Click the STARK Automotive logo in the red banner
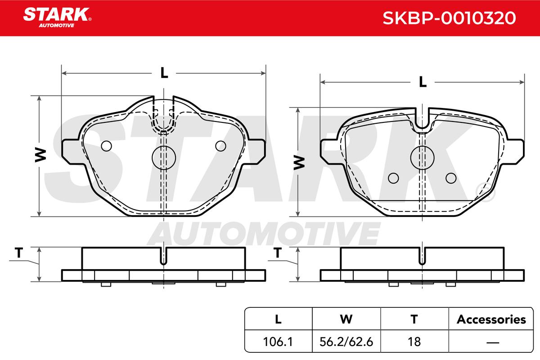[57, 18]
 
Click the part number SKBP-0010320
[449, 18]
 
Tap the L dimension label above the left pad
[164, 72]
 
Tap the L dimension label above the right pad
[423, 82]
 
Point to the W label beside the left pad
[40, 155]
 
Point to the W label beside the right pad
[299, 163]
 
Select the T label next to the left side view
[19, 253]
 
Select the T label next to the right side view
[278, 253]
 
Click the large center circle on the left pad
[164, 157]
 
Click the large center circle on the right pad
[423, 157]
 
